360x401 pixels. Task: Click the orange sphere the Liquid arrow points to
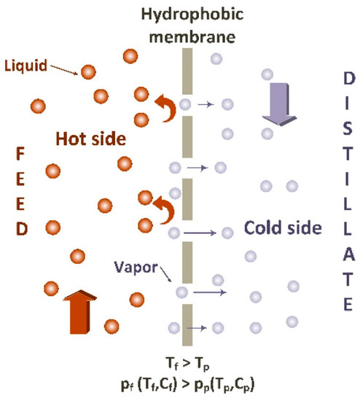pos(89,71)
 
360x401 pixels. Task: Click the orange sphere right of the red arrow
pos(136,298)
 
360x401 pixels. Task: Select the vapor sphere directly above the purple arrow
pos(268,74)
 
